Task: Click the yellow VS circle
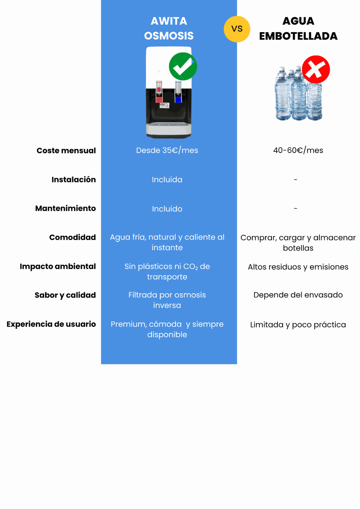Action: tap(237, 29)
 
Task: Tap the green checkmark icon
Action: tap(183, 66)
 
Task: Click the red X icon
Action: tap(316, 69)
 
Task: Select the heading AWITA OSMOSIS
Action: tap(169, 28)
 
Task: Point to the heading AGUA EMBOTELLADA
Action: tap(298, 28)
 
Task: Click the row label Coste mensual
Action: tap(66, 150)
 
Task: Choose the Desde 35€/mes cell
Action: tap(167, 150)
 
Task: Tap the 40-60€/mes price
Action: tap(298, 150)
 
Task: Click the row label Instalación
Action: tap(74, 179)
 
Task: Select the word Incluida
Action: tap(167, 179)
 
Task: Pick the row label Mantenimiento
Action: tap(66, 208)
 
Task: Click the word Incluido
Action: tap(167, 208)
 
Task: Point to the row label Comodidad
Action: tap(72, 237)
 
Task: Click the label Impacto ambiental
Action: tap(58, 266)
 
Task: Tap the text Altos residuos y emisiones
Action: tap(298, 267)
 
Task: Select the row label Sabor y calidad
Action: tap(65, 295)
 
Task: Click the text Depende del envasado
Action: tap(298, 295)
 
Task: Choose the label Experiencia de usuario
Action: tap(51, 324)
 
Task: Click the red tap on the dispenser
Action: tap(159, 92)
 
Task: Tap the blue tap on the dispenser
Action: tap(178, 92)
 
